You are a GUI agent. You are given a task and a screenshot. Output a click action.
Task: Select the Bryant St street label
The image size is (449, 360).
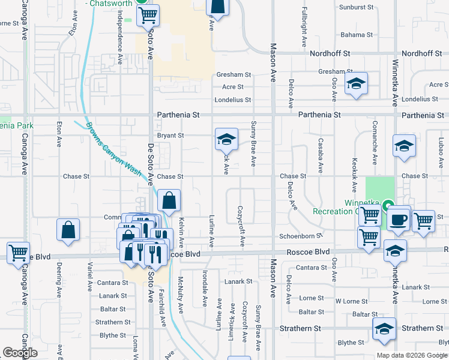tap(170, 136)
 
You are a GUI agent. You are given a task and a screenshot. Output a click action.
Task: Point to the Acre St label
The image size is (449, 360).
tap(232, 87)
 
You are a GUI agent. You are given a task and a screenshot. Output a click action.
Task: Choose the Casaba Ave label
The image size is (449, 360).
tap(320, 152)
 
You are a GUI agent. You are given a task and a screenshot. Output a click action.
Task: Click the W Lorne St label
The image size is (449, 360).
tap(351, 301)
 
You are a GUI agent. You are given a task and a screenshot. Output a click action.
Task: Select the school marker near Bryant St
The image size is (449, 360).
tap(226, 140)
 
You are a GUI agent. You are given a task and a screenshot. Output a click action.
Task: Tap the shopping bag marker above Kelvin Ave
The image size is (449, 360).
tap(170, 200)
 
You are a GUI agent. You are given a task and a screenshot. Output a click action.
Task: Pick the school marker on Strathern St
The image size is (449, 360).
tap(384, 329)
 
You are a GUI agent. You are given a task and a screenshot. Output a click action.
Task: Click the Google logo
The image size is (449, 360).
tap(20, 353)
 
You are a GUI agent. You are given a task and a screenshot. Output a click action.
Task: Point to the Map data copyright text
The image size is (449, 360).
tap(412, 355)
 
